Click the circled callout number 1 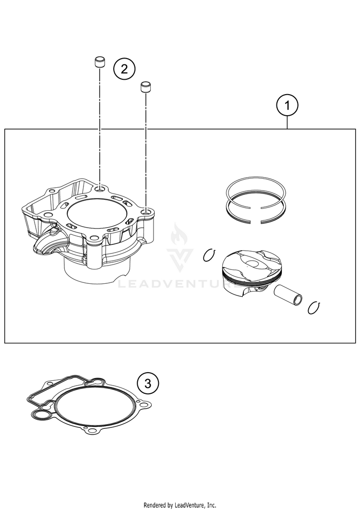[287, 105]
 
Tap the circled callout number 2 [124, 69]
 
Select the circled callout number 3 [148, 384]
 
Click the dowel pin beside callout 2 [100, 62]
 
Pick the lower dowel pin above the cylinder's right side [146, 88]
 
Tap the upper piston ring [256, 194]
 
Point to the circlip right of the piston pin [314, 307]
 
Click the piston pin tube [288, 295]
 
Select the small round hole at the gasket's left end [41, 415]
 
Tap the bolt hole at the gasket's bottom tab [92, 431]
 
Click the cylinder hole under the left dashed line [100, 189]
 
